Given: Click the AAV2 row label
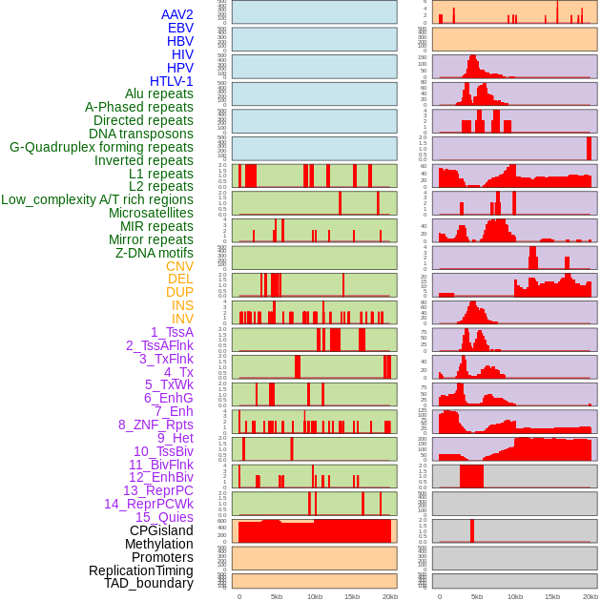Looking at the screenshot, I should click(x=177, y=14).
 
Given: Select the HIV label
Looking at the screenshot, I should click(x=182, y=54).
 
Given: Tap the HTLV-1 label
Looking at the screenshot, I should click(x=172, y=81).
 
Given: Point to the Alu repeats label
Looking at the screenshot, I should click(x=159, y=93).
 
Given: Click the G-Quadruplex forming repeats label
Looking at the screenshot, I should click(x=101, y=147).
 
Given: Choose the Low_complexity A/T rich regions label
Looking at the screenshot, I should click(x=97, y=199).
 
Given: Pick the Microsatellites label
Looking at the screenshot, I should click(x=151, y=213).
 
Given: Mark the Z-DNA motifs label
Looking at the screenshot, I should click(x=155, y=253).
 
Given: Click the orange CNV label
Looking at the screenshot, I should click(x=179, y=266).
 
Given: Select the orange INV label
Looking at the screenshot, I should click(x=182, y=319).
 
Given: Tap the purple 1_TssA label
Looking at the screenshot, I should click(x=172, y=332).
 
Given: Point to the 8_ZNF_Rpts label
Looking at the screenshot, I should click(x=155, y=425).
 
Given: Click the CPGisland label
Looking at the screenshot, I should click(x=161, y=530).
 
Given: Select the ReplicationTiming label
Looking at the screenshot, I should click(x=141, y=570).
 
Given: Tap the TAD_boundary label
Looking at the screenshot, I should click(x=149, y=583).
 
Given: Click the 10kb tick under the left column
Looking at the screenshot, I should click(x=314, y=596).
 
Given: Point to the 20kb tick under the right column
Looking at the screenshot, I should click(x=591, y=596).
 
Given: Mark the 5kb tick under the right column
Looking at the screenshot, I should click(x=477, y=596).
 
